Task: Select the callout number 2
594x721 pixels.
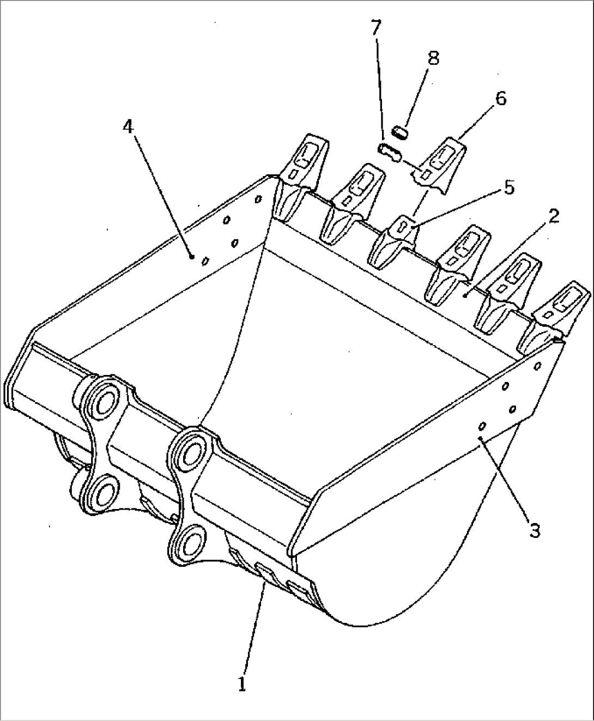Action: [x=553, y=216]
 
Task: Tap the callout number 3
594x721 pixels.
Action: [x=535, y=530]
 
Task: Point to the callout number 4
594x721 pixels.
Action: [x=128, y=126]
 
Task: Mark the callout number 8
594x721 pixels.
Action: [x=433, y=58]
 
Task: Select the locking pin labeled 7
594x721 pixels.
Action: [x=389, y=152]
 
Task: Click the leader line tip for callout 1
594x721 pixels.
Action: [x=265, y=581]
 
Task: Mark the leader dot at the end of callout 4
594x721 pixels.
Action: [x=191, y=256]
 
